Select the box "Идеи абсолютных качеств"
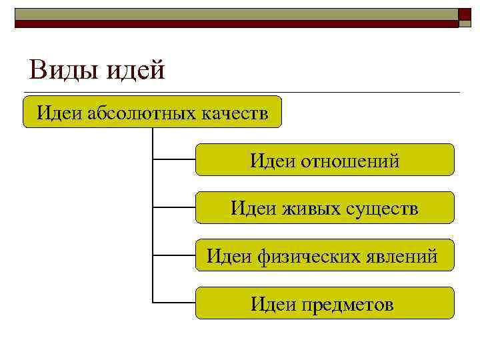(152, 111)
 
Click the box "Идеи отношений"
(325, 159)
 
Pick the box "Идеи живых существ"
(325, 207)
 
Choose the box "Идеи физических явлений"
(325, 255)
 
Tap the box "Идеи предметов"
(325, 303)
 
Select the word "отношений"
(351, 161)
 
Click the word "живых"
(315, 209)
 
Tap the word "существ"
(383, 209)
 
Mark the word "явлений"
(406, 256)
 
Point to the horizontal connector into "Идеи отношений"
(174, 159)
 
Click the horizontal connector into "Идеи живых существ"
(174, 207)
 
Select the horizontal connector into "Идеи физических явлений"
(174, 255)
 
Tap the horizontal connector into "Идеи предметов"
(174, 303)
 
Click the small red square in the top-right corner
(465, 13)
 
